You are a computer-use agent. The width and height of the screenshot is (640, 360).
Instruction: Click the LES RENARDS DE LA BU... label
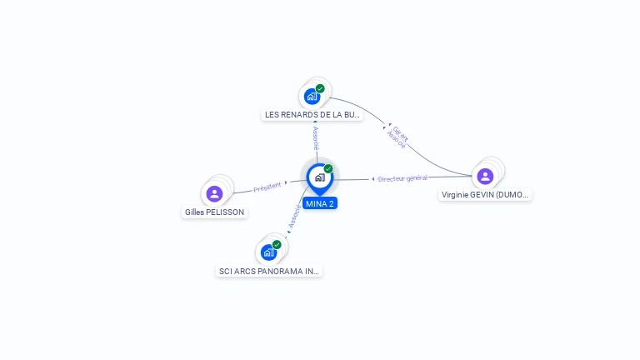click(x=312, y=115)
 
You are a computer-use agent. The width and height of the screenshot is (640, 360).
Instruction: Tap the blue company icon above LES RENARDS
click(x=312, y=96)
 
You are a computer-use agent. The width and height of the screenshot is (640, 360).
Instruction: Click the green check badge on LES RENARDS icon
click(x=320, y=88)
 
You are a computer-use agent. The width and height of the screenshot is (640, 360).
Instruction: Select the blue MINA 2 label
click(x=320, y=203)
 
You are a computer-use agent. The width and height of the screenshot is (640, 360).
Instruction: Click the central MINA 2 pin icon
click(x=319, y=177)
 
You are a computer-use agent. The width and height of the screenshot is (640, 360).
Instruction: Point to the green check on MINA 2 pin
click(x=328, y=169)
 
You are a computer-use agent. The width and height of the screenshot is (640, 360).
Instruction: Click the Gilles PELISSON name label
click(x=214, y=212)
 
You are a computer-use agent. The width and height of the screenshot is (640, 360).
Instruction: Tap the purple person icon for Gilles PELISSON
click(x=214, y=193)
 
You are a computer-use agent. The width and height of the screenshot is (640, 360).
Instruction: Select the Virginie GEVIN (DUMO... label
click(x=486, y=195)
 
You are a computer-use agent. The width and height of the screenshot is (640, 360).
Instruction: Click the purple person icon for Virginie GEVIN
click(x=485, y=176)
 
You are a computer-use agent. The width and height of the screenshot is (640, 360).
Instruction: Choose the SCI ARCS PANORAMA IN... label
click(x=269, y=271)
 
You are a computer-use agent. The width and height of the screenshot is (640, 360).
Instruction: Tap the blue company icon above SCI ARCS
click(x=268, y=252)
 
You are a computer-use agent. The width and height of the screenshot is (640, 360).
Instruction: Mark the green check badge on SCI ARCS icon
click(x=277, y=245)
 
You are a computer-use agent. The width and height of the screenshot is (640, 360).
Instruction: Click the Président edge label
click(x=267, y=187)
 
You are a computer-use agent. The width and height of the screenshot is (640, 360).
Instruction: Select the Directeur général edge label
click(x=402, y=178)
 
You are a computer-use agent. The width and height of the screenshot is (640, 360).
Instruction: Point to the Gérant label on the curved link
click(x=400, y=132)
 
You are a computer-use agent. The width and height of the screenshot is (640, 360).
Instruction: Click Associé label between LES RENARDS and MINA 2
click(x=316, y=138)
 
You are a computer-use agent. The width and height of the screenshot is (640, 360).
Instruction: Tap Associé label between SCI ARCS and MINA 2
click(x=293, y=217)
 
